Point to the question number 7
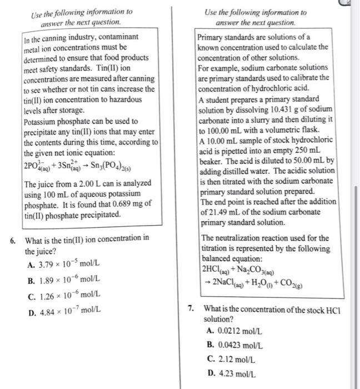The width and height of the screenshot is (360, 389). (191, 308)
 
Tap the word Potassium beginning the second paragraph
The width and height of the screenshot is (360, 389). (42, 121)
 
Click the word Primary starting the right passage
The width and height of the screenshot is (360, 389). (212, 37)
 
